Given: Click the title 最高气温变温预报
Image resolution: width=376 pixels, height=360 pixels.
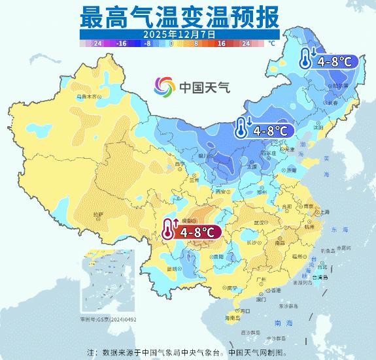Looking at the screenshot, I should (180, 14).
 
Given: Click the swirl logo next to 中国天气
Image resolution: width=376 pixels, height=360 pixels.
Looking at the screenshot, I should (165, 86).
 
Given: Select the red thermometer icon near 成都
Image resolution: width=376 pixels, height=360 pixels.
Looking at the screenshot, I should (170, 231).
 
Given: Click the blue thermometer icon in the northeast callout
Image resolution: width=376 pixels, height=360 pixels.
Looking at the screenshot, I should (306, 59).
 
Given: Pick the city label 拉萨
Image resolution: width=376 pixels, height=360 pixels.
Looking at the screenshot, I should (98, 214).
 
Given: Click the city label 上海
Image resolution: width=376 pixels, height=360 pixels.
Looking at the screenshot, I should (322, 212).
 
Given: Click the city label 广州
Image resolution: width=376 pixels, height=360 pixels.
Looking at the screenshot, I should (261, 279).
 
